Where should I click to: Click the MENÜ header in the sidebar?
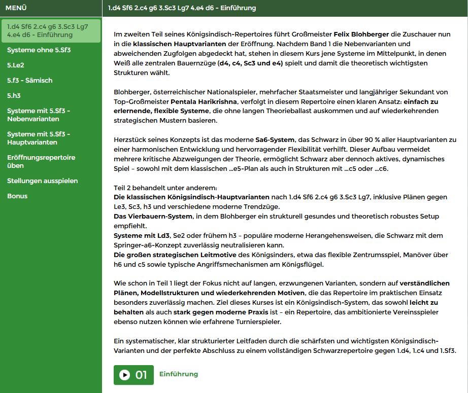click(x=16, y=8)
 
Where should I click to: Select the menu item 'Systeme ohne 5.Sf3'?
click(x=39, y=50)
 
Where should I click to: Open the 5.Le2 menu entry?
click(x=15, y=65)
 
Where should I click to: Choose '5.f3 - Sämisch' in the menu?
click(x=29, y=80)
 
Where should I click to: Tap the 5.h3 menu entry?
click(x=14, y=95)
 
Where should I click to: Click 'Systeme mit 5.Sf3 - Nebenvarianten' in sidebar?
click(x=39, y=115)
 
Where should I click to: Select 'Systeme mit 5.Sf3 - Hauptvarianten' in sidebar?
click(x=39, y=138)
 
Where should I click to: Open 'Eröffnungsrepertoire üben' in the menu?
click(x=41, y=161)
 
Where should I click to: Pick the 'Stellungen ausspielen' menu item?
click(x=42, y=181)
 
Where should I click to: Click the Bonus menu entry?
click(x=17, y=196)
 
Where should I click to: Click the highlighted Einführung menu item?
click(x=50, y=30)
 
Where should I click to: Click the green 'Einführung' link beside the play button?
click(x=178, y=374)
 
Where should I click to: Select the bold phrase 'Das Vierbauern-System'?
click(x=153, y=217)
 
